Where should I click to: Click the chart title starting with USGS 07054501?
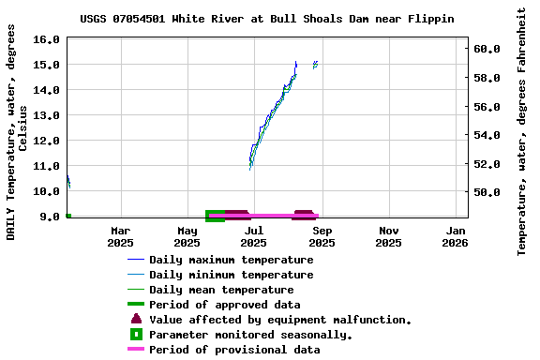[x=267, y=19]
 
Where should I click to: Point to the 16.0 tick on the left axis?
[x=46, y=40]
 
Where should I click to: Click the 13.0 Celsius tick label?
[x=46, y=115]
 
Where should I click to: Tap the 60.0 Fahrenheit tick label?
[x=491, y=49]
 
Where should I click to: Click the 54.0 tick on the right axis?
[x=491, y=135]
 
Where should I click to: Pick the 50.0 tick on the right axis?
[x=491, y=192]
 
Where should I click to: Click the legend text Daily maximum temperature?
[x=232, y=260]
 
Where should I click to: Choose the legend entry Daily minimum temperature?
[x=232, y=275]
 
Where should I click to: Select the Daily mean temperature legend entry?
[x=221, y=290]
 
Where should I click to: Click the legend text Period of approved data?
[x=225, y=305]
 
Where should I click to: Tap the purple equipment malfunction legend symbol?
[x=136, y=319]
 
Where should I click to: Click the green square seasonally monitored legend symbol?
[x=136, y=334]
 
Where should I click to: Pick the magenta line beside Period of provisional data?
[x=136, y=350]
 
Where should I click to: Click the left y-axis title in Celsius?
[x=17, y=131]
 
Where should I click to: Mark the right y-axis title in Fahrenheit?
[x=522, y=131]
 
